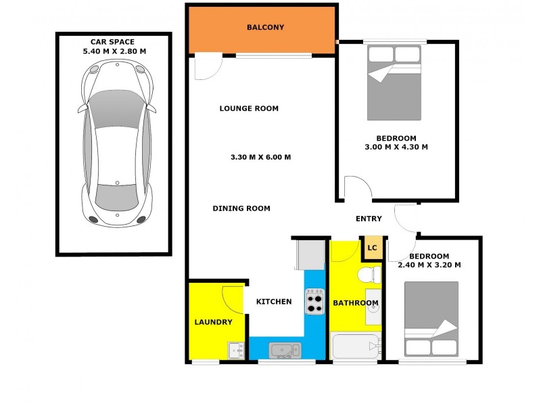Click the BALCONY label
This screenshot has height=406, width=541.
click(x=265, y=28)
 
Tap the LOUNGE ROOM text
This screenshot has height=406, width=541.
click(x=249, y=108)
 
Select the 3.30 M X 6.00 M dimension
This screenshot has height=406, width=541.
click(x=261, y=157)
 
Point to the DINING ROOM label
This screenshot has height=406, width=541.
click(x=241, y=208)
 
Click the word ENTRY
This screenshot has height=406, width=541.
click(x=369, y=219)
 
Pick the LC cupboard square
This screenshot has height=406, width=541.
click(x=372, y=248)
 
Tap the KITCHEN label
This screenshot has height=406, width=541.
click(x=274, y=302)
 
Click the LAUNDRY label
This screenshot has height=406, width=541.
click(x=214, y=322)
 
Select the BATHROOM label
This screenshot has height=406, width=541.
click(x=355, y=302)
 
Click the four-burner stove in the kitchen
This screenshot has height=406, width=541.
click(x=314, y=301)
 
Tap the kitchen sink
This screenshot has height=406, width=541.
click(x=284, y=350)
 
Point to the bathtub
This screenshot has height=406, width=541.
click(x=355, y=348)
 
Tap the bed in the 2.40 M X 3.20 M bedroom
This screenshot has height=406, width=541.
click(x=431, y=319)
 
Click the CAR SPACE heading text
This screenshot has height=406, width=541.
click(x=113, y=42)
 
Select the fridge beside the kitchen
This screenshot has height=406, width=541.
click(x=310, y=255)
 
